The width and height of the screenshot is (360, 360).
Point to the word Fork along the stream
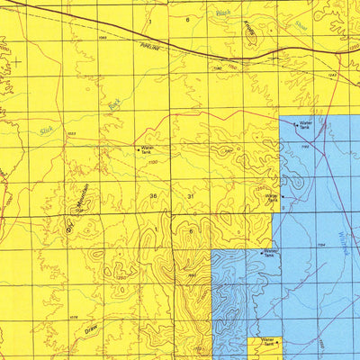[113, 106]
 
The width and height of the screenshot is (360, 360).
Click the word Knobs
[249, 28]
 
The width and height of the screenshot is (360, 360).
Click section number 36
[154, 195]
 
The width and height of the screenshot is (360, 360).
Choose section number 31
[190, 195]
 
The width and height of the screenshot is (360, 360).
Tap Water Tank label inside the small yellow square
[267, 343]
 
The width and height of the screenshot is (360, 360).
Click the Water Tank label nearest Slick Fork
[146, 149]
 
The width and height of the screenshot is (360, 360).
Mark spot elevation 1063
[102, 39]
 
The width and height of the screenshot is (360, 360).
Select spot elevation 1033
[70, 132]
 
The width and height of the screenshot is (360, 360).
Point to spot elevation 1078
[75, 317]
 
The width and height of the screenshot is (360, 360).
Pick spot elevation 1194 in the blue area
[319, 245]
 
